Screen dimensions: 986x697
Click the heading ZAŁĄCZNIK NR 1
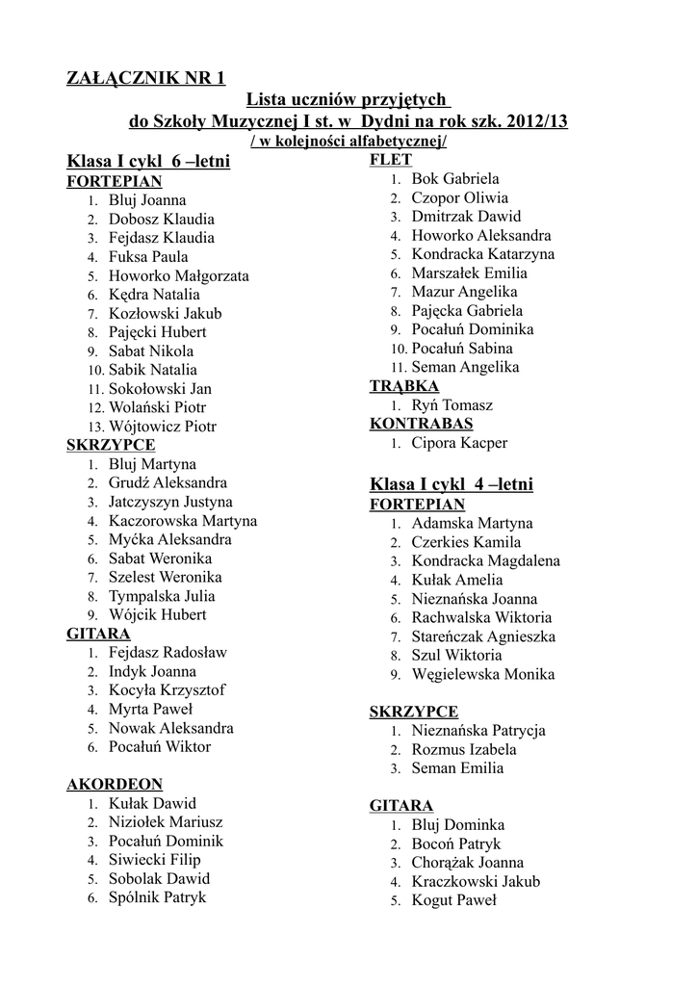click(x=145, y=78)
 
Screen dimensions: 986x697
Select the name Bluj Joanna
click(x=147, y=200)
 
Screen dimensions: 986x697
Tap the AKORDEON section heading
click(x=115, y=785)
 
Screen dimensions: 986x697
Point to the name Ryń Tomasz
click(x=452, y=405)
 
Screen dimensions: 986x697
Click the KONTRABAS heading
click(x=421, y=424)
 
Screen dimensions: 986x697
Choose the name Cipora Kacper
click(x=459, y=443)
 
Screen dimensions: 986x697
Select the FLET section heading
click(x=391, y=160)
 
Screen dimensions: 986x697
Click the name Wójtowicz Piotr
click(x=163, y=427)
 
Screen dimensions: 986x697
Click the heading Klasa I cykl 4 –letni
click(x=452, y=483)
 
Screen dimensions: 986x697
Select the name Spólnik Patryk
click(x=157, y=897)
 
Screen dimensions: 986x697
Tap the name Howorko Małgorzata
click(x=178, y=275)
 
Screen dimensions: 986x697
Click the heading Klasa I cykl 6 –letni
click(x=148, y=161)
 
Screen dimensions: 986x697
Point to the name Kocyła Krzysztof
click(x=167, y=690)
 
